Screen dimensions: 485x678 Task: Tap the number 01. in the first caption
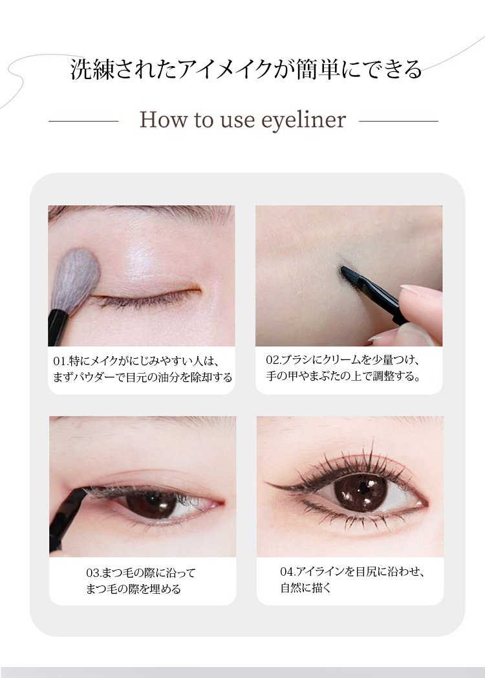60,361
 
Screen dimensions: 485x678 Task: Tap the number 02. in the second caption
274,360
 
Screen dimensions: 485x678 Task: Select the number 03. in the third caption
94,573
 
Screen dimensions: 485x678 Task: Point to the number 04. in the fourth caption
288,572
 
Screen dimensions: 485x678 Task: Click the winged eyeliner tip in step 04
269,484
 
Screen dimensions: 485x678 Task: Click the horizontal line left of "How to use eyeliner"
83,122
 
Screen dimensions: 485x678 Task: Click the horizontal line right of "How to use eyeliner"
398,122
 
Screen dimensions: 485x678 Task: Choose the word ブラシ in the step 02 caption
296,360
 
